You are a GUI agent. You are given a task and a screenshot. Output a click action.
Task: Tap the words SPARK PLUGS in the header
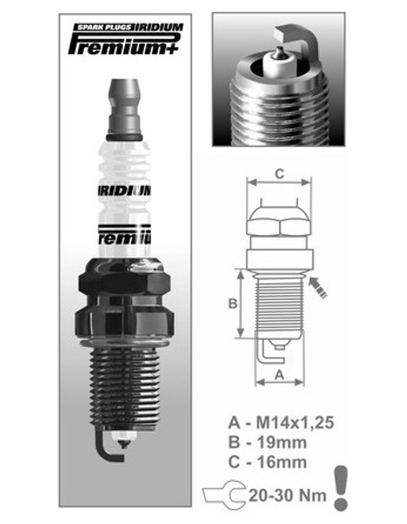pyautogui.click(x=104, y=27)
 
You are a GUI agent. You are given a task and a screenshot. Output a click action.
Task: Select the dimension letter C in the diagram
pyautogui.click(x=279, y=174)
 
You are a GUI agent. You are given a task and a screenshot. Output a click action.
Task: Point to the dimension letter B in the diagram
pyautogui.click(x=233, y=303)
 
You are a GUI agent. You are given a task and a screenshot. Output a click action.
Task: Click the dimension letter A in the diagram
pyautogui.click(x=279, y=375)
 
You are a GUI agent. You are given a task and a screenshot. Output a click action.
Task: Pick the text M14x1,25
pyautogui.click(x=295, y=423)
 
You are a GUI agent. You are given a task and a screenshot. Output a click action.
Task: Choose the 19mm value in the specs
pyautogui.click(x=281, y=443)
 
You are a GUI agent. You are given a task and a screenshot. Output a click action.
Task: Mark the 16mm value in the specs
pyautogui.click(x=281, y=463)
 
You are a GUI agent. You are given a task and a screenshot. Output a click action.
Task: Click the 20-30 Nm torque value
pyautogui.click(x=287, y=495)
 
